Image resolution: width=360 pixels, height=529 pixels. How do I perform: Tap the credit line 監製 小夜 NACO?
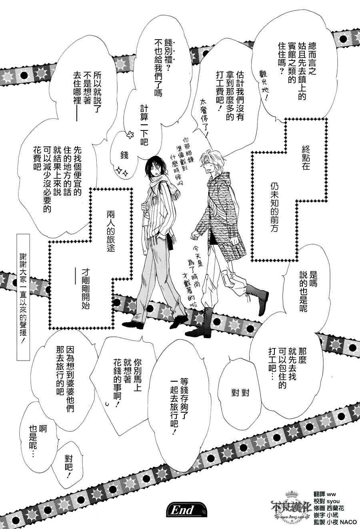tap(333, 524)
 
